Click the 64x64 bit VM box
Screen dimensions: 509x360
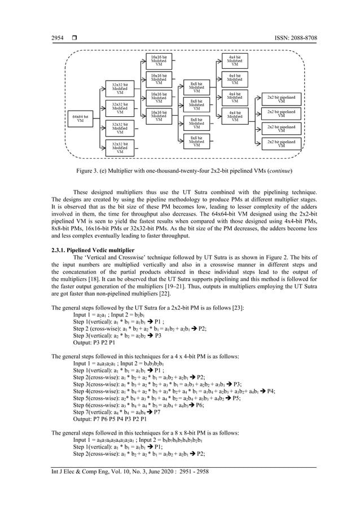pyautogui.click(x=80, y=119)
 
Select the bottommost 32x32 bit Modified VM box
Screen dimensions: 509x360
pyautogui.click(x=120, y=148)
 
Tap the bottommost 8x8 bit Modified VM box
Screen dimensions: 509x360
pyautogui.click(x=196, y=141)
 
